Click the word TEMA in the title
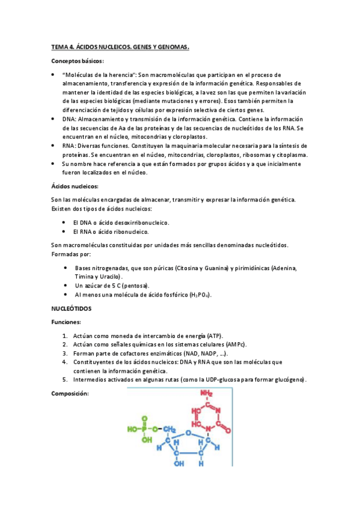pos(60,46)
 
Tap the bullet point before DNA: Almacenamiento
pos(53,119)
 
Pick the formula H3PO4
pos(199,295)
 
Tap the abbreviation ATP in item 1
pos(215,335)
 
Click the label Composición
pos(70,393)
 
